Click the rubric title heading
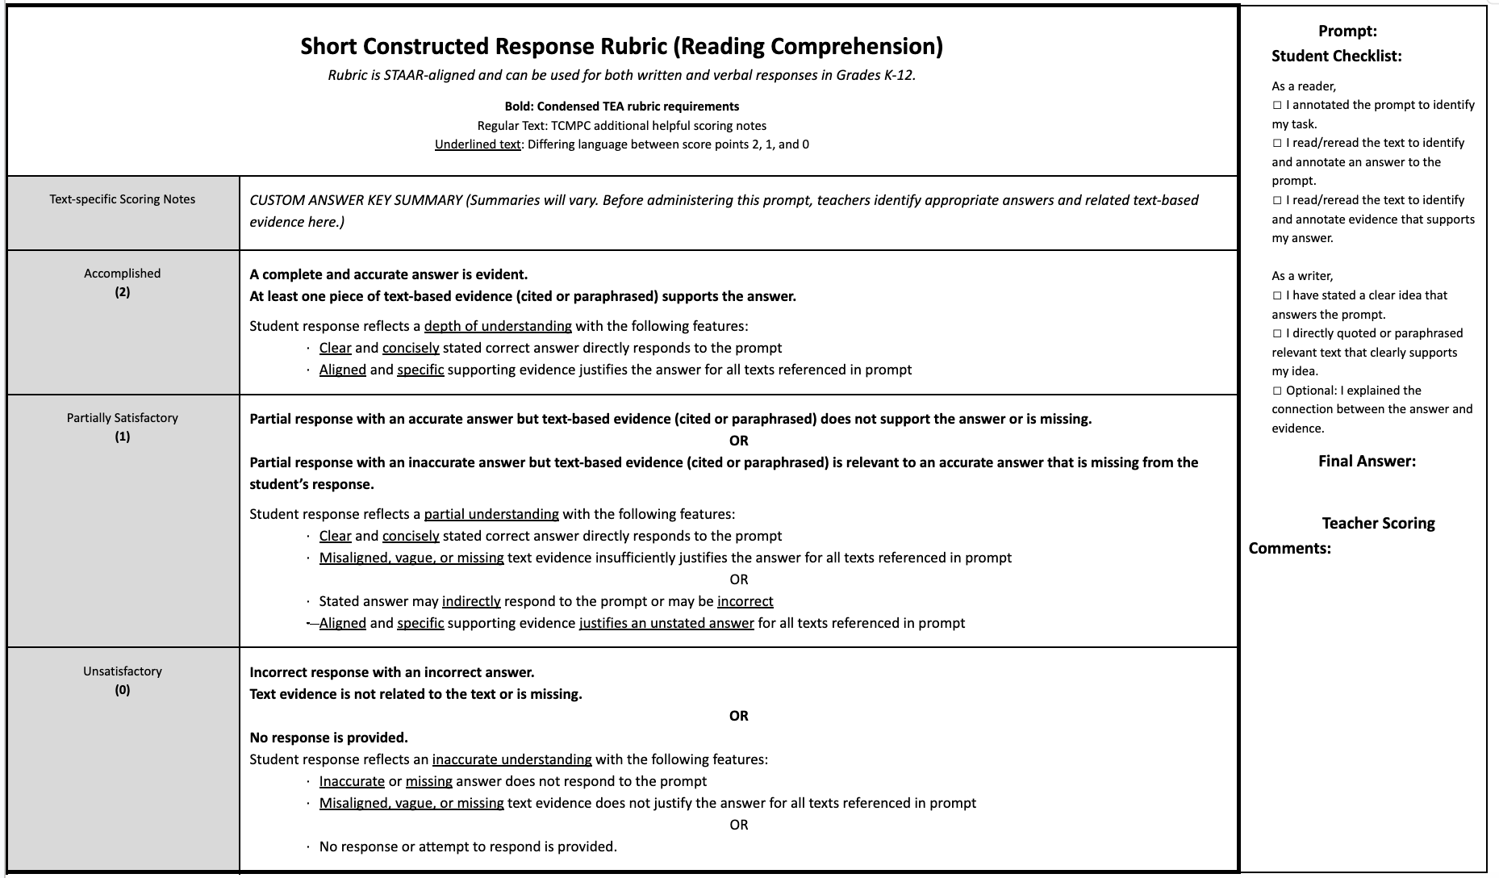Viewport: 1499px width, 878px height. (621, 46)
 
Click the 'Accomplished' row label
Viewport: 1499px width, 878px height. (123, 274)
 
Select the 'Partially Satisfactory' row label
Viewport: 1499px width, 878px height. (123, 418)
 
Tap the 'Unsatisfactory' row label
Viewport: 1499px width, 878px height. (123, 671)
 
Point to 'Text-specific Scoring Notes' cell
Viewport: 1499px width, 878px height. (123, 199)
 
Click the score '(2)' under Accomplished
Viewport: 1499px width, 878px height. (123, 292)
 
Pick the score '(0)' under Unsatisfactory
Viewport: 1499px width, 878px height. (123, 690)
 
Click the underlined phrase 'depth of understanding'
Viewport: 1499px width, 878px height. (498, 326)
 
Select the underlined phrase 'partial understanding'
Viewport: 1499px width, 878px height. (491, 514)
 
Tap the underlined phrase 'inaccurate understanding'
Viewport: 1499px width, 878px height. (511, 759)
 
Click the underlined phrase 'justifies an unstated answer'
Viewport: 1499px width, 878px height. (666, 623)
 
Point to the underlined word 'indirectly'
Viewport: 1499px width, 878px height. (471, 601)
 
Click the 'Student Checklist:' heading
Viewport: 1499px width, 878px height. (1336, 56)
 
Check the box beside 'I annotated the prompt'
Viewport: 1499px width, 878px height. (1277, 106)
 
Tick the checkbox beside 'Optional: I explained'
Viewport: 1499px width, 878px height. (1277, 391)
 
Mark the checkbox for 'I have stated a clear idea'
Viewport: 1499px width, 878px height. (1277, 296)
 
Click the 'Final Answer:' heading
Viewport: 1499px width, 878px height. (1367, 462)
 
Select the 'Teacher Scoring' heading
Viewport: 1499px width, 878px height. (1378, 524)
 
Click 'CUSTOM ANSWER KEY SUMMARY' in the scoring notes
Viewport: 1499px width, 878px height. (356, 200)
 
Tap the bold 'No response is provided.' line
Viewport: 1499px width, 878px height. (328, 738)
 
